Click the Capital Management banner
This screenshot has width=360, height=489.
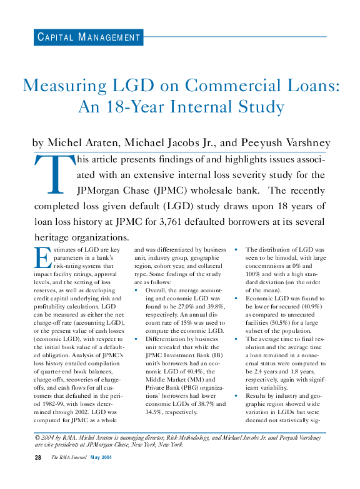coord(88,37)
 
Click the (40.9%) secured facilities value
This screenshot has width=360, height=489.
coord(304,315)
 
